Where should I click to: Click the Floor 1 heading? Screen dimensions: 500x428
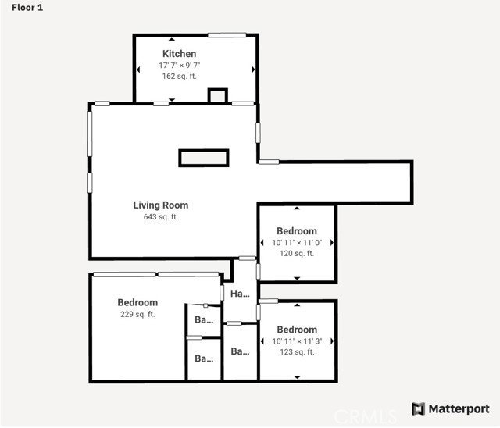tap(27, 8)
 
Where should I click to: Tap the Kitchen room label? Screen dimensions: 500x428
tap(179, 54)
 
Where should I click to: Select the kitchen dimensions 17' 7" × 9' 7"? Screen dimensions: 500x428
tap(180, 66)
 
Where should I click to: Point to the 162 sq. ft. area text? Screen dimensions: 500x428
tap(179, 77)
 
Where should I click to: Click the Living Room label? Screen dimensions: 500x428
tap(161, 205)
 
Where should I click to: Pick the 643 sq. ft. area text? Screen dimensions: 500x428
tap(161, 216)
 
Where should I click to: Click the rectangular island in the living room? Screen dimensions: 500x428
tap(204, 158)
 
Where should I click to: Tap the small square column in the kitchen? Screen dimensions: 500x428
tap(218, 95)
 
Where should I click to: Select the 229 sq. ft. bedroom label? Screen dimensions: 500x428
tap(137, 302)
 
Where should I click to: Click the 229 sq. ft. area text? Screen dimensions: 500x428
tap(137, 314)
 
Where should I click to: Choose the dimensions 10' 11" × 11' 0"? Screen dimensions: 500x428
tap(297, 243)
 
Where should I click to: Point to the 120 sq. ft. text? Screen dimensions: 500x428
tap(297, 254)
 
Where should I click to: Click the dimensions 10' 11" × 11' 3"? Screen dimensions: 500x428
tap(297, 341)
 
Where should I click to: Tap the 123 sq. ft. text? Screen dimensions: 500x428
tap(297, 352)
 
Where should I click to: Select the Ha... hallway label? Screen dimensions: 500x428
tap(240, 294)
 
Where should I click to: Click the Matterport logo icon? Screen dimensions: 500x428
tap(419, 409)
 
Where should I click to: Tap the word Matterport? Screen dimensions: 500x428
tap(459, 409)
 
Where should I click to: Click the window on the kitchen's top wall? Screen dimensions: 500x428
tap(227, 34)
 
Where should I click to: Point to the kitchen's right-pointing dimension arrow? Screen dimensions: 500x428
tap(253, 70)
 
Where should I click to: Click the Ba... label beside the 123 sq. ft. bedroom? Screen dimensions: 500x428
tap(240, 351)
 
